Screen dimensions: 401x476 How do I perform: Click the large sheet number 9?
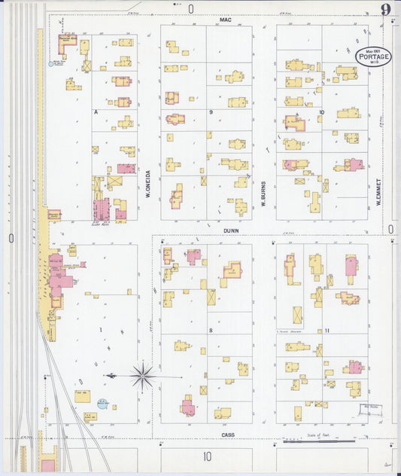point(385,10)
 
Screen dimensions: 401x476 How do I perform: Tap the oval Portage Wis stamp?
point(374,56)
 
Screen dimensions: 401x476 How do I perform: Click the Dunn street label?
point(231,232)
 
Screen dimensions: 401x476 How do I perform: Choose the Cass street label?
point(229,435)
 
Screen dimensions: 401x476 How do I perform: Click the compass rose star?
point(143,374)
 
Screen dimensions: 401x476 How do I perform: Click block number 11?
point(328,331)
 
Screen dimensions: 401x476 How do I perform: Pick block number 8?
point(211,331)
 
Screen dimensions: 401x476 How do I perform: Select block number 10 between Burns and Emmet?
point(321,111)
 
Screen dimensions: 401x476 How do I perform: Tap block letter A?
point(96,111)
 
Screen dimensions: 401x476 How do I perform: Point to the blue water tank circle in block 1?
point(102,404)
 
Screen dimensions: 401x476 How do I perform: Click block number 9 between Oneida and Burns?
point(211,111)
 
